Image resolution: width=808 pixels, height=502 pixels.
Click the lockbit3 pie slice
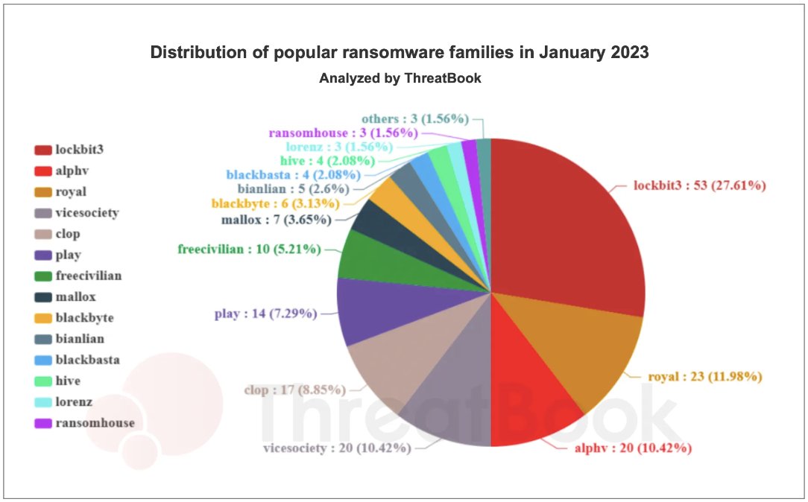click(566, 223)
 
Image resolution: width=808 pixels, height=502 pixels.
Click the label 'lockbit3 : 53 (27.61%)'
click(699, 185)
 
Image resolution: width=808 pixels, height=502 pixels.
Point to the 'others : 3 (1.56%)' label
click(414, 118)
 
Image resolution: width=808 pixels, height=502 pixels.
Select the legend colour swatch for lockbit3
click(42, 150)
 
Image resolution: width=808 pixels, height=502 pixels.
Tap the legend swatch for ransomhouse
click(42, 423)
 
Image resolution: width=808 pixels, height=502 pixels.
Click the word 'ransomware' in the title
click(364, 53)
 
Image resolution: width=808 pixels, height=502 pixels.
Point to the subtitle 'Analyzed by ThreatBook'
click(400, 78)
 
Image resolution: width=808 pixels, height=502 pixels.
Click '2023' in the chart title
click(627, 53)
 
